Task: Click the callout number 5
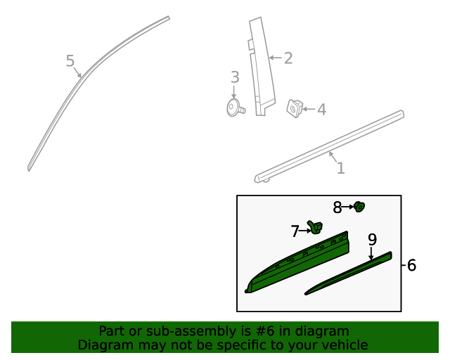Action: point(70,61)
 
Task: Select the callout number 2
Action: point(288,58)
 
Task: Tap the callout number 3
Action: point(235,77)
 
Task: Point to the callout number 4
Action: point(321,110)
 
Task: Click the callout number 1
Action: point(340,168)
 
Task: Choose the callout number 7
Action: point(295,231)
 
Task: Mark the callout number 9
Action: point(372,239)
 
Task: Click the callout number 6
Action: point(411,265)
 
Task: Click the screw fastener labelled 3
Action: point(234,108)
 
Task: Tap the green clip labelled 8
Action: point(361,206)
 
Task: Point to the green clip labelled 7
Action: point(316,227)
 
